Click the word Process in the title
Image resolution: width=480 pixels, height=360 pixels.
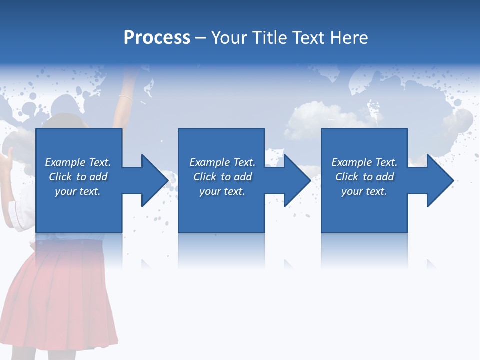(157, 38)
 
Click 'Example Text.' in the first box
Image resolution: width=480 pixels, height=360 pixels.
(78, 162)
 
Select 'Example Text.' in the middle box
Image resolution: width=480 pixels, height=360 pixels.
(222, 162)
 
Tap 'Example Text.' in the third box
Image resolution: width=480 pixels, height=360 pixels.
(364, 162)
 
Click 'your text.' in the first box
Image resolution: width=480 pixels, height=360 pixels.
(78, 191)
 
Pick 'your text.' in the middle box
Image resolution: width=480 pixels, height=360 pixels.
(222, 191)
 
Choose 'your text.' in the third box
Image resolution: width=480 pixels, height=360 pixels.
(364, 191)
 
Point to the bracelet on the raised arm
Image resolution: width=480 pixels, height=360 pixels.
(126, 98)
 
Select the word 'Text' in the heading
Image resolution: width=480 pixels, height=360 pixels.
(306, 38)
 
